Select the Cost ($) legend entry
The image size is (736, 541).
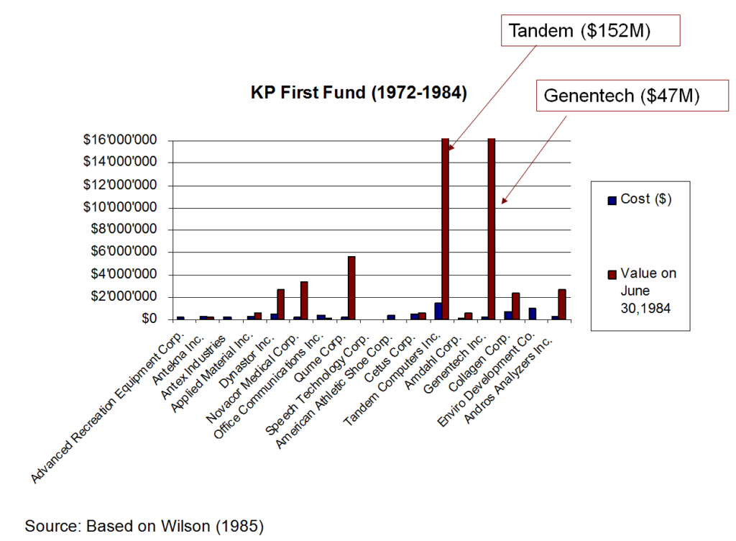639,200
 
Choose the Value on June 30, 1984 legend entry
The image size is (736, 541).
643,291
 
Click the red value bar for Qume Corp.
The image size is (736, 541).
351,288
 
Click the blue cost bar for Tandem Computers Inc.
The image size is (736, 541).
438,311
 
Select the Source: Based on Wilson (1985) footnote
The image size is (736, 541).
144,526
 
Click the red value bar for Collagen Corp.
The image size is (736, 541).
515,306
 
